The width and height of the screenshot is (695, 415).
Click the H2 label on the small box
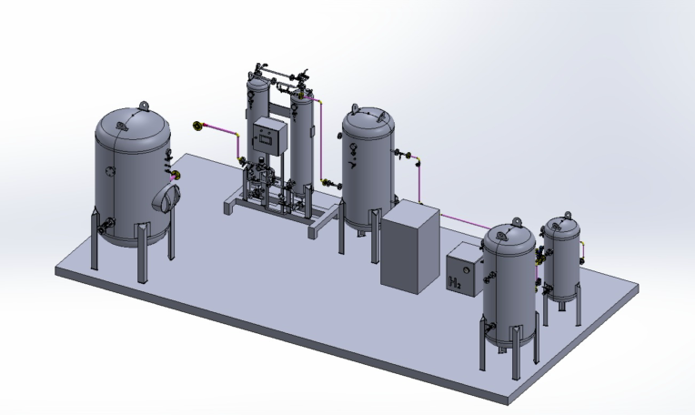[455, 282]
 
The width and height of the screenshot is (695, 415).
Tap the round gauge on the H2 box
[466, 270]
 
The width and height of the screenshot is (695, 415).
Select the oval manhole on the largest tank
[166, 197]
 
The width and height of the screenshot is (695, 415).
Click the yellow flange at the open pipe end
[197, 126]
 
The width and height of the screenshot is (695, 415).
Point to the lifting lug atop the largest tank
[143, 106]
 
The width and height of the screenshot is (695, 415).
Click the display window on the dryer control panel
[267, 138]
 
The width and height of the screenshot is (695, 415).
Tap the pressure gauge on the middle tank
[354, 147]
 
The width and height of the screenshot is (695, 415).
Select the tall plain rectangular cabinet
[410, 247]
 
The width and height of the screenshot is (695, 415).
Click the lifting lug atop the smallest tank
[568, 216]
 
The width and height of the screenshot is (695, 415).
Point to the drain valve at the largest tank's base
[104, 227]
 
